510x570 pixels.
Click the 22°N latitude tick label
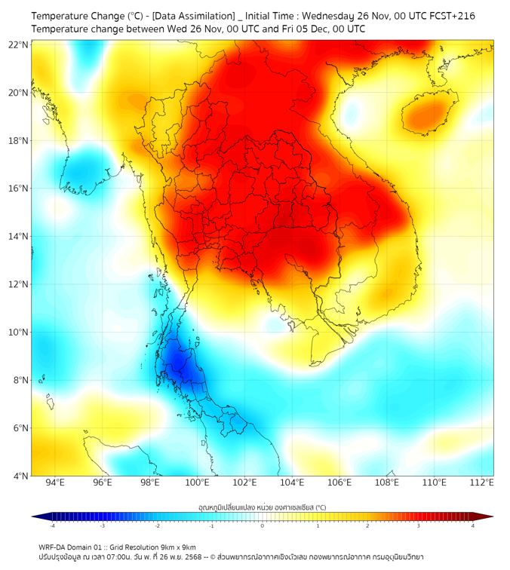click(18, 44)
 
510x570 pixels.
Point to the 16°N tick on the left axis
click(18, 188)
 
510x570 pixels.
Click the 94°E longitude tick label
click(54, 483)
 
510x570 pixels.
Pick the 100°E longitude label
click(197, 483)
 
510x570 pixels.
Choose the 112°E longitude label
click(482, 483)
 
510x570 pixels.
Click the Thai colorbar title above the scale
click(263, 507)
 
